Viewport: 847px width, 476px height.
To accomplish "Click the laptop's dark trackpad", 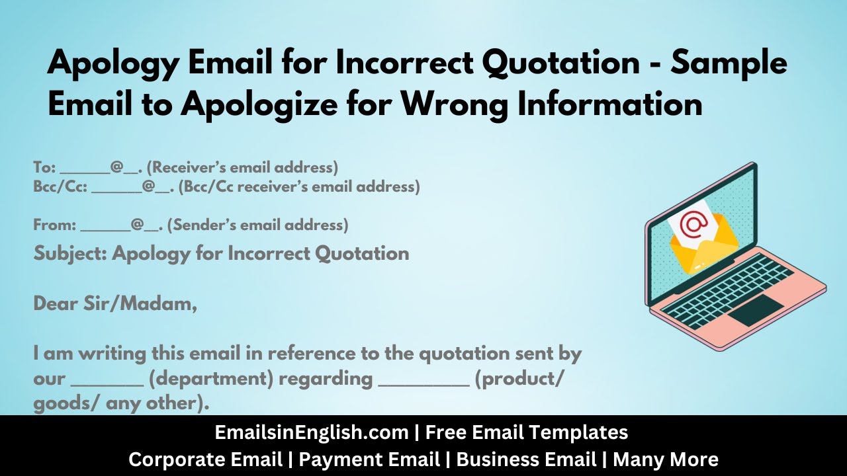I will point(755,310).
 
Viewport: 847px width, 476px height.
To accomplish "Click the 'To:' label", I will point(44,167).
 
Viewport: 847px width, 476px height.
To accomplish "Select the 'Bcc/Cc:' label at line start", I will point(60,187).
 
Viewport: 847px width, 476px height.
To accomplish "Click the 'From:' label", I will point(54,225).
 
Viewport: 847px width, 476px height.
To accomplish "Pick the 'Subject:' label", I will point(70,253).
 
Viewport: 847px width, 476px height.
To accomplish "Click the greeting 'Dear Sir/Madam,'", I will point(115,305).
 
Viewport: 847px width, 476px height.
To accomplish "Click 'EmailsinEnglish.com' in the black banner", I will point(312,433).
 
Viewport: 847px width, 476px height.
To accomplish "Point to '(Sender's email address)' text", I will point(258,225).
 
